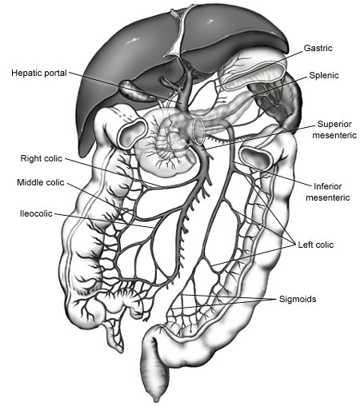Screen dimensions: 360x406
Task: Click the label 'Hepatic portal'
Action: coord(39,73)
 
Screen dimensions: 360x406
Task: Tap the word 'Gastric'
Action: coord(318,48)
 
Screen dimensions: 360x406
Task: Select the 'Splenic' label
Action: coord(324,75)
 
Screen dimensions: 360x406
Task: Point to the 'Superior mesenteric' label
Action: coord(334,129)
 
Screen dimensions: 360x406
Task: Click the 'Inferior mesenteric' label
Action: coord(328,192)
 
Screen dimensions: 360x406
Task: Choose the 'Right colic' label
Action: coord(42,158)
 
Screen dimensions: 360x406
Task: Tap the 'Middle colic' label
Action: coord(41,182)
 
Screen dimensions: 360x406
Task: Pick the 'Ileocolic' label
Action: coord(36,213)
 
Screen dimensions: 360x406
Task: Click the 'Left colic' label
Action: coord(316,245)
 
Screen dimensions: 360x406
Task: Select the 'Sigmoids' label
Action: coord(298,299)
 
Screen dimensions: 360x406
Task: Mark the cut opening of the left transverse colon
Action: coord(255,158)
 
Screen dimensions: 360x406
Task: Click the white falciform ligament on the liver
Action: coord(178,34)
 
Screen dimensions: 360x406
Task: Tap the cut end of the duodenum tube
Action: coord(198,130)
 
